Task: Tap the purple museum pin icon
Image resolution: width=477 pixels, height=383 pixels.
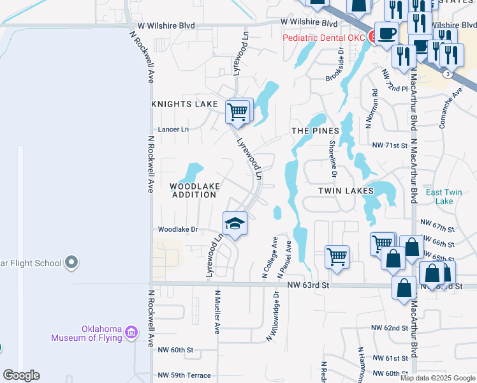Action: click(x=131, y=332)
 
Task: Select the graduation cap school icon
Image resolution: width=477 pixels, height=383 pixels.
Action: click(x=235, y=223)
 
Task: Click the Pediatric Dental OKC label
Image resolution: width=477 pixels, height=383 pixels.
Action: click(x=324, y=38)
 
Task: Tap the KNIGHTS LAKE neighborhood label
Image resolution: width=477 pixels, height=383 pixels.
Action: click(x=184, y=103)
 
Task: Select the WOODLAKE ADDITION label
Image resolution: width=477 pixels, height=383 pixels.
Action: click(x=194, y=190)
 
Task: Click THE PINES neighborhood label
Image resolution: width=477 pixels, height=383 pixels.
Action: click(x=315, y=131)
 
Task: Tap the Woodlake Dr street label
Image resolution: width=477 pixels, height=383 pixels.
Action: click(x=178, y=229)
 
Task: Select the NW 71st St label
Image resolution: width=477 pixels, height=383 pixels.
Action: click(x=391, y=146)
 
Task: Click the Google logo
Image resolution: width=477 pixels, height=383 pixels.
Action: click(x=21, y=375)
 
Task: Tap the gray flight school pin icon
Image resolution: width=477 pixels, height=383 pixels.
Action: click(x=71, y=262)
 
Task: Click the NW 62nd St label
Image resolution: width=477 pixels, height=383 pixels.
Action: click(x=391, y=328)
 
